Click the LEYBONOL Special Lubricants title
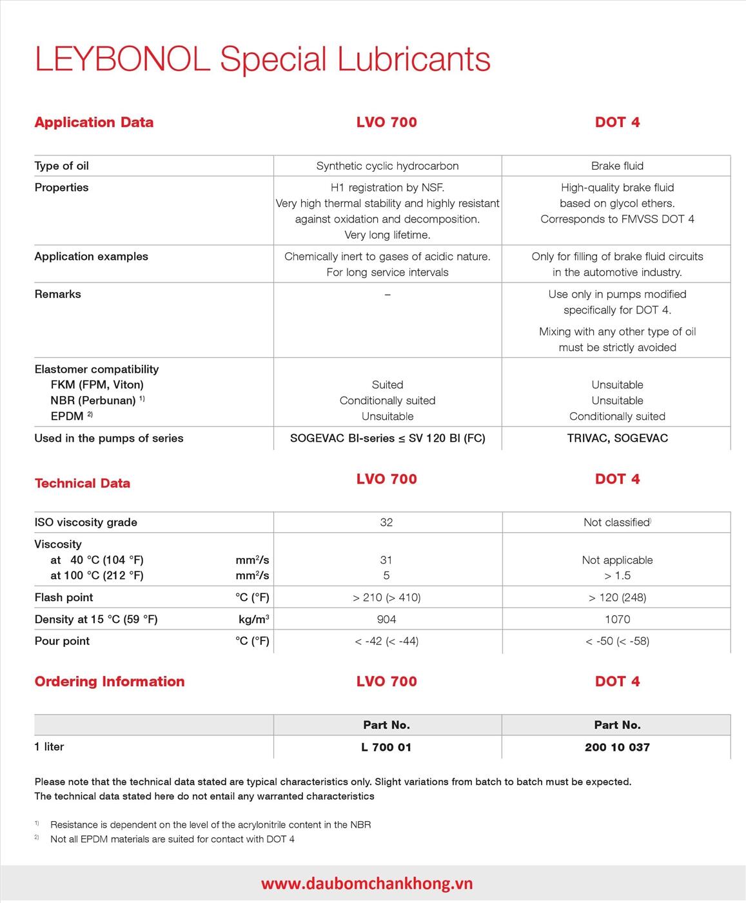(x=262, y=59)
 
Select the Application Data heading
(x=94, y=123)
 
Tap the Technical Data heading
(x=83, y=483)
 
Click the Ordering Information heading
(x=110, y=682)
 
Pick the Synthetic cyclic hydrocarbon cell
(x=388, y=166)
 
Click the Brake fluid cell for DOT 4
(x=617, y=166)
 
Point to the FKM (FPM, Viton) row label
(x=97, y=385)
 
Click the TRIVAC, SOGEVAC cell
(x=617, y=438)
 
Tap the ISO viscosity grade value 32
(x=386, y=522)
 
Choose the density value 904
(x=386, y=619)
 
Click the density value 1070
(x=617, y=619)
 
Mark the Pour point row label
(x=63, y=641)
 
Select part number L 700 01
(x=386, y=747)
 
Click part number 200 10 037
(x=617, y=747)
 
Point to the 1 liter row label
(x=49, y=747)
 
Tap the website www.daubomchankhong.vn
(x=367, y=884)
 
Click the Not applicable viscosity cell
(x=617, y=560)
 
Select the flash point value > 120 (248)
(x=617, y=597)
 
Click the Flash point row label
(x=64, y=597)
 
